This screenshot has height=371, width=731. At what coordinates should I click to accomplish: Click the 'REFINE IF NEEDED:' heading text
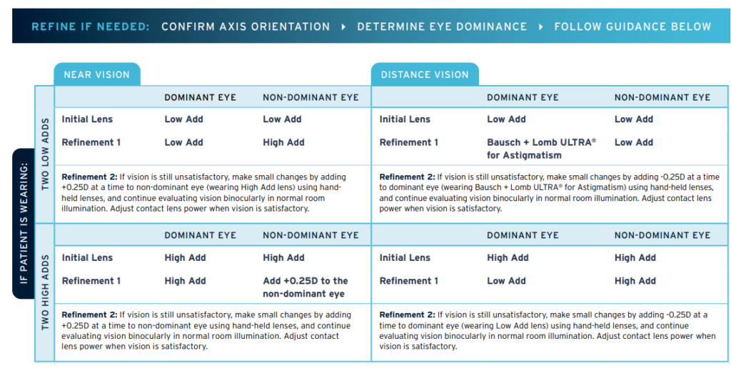(91, 26)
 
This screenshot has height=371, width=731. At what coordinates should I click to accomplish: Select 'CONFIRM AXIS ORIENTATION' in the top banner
(246, 26)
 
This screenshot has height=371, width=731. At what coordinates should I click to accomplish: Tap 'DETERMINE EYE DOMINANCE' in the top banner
(442, 26)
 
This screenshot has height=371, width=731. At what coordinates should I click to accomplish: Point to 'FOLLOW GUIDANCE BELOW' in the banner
(632, 26)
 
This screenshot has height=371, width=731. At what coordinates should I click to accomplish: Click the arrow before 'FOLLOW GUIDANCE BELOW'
(540, 26)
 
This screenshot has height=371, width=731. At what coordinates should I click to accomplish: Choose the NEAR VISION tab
(97, 74)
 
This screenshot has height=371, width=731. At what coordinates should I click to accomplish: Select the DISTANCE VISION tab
(425, 74)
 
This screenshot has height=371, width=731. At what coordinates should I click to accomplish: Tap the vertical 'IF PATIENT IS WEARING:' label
(24, 223)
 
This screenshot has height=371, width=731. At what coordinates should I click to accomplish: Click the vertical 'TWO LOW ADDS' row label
(45, 154)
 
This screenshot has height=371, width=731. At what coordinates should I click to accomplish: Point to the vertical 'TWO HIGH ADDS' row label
(45, 292)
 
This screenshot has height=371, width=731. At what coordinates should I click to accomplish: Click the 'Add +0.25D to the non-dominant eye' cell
(306, 287)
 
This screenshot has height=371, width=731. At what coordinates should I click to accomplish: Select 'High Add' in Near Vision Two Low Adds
(283, 142)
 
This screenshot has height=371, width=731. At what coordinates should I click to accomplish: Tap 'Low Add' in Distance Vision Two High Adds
(506, 281)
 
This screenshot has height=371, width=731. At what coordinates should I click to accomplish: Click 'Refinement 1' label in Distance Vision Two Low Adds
(409, 142)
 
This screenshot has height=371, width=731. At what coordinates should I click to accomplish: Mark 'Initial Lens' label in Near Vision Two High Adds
(87, 258)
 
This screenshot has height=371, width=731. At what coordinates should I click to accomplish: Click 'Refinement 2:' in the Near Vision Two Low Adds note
(89, 177)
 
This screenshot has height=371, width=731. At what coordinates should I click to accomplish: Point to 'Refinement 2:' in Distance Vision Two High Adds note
(407, 315)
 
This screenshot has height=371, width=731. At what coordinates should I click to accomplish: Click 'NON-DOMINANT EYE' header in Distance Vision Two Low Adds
(662, 97)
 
